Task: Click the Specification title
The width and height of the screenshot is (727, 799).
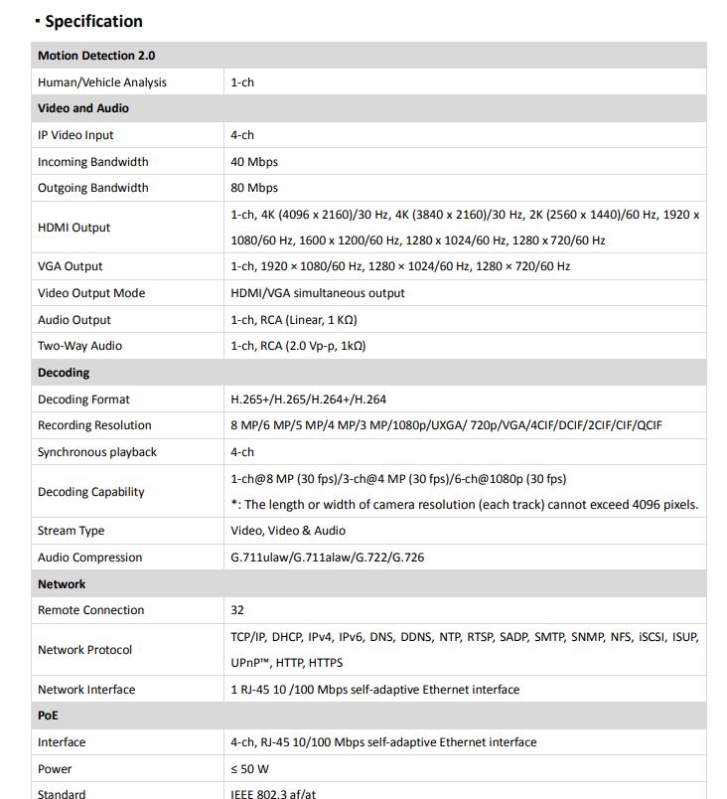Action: pyautogui.click(x=93, y=21)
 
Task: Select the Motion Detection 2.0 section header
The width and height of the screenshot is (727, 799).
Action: pyautogui.click(x=96, y=56)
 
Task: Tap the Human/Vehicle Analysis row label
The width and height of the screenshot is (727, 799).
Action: pyautogui.click(x=102, y=82)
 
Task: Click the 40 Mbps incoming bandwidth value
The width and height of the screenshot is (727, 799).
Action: pyautogui.click(x=254, y=162)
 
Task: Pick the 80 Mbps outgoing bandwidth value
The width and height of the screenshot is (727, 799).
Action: pyautogui.click(x=254, y=188)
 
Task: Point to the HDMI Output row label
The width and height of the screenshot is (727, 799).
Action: pyautogui.click(x=74, y=228)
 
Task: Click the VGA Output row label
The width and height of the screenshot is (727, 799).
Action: pyautogui.click(x=71, y=266)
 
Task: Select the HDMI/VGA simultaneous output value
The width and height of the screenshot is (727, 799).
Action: pyautogui.click(x=318, y=293)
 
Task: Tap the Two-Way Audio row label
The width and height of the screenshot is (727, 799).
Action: pyautogui.click(x=80, y=346)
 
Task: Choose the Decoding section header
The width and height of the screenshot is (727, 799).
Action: pyautogui.click(x=64, y=373)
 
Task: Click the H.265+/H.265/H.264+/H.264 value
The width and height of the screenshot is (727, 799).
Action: pyautogui.click(x=309, y=399)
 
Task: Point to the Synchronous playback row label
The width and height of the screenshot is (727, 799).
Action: pyautogui.click(x=97, y=452)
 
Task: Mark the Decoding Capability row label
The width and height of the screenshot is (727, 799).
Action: pyautogui.click(x=91, y=492)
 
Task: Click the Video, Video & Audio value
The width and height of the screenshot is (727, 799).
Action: pyautogui.click(x=288, y=531)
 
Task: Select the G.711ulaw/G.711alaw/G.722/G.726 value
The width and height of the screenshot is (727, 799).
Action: pyautogui.click(x=327, y=558)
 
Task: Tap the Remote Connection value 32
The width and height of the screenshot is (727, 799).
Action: pyautogui.click(x=237, y=610)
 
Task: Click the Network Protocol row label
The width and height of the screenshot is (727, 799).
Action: pyautogui.click(x=85, y=650)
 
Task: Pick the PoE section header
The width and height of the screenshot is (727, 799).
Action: pyautogui.click(x=48, y=716)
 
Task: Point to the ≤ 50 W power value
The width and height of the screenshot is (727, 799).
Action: pyautogui.click(x=250, y=769)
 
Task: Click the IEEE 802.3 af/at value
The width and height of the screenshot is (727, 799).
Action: pyautogui.click(x=272, y=793)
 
